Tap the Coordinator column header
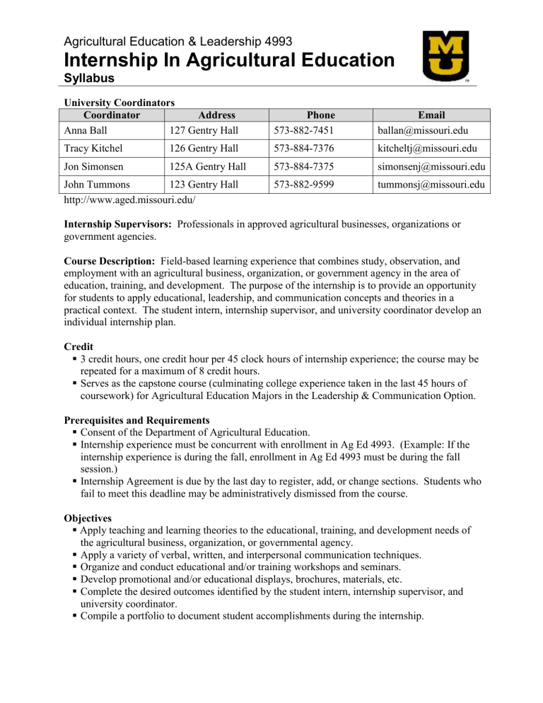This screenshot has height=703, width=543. (112, 115)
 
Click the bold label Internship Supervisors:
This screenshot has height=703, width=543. (118, 223)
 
